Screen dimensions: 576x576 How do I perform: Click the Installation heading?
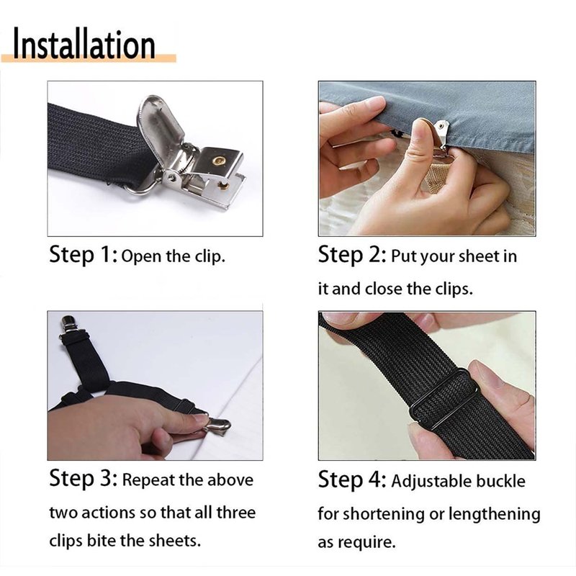click(84, 45)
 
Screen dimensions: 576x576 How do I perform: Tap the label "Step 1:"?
click(84, 255)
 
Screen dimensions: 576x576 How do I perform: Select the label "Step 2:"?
click(352, 255)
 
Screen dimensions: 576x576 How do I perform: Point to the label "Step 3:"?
click(84, 479)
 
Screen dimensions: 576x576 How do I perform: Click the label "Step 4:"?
click(352, 480)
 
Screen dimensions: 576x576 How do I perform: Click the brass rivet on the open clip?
click(220, 161)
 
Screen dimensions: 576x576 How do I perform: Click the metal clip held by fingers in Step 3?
click(217, 426)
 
